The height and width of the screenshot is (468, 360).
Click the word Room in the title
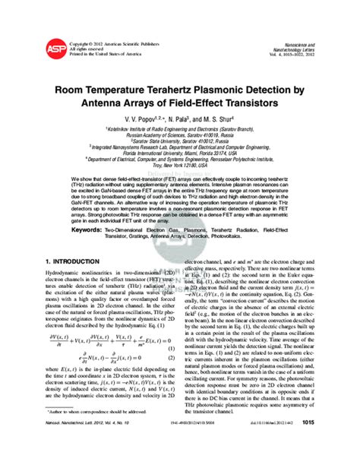tap(89, 89)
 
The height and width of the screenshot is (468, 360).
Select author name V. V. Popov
tap(142, 119)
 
